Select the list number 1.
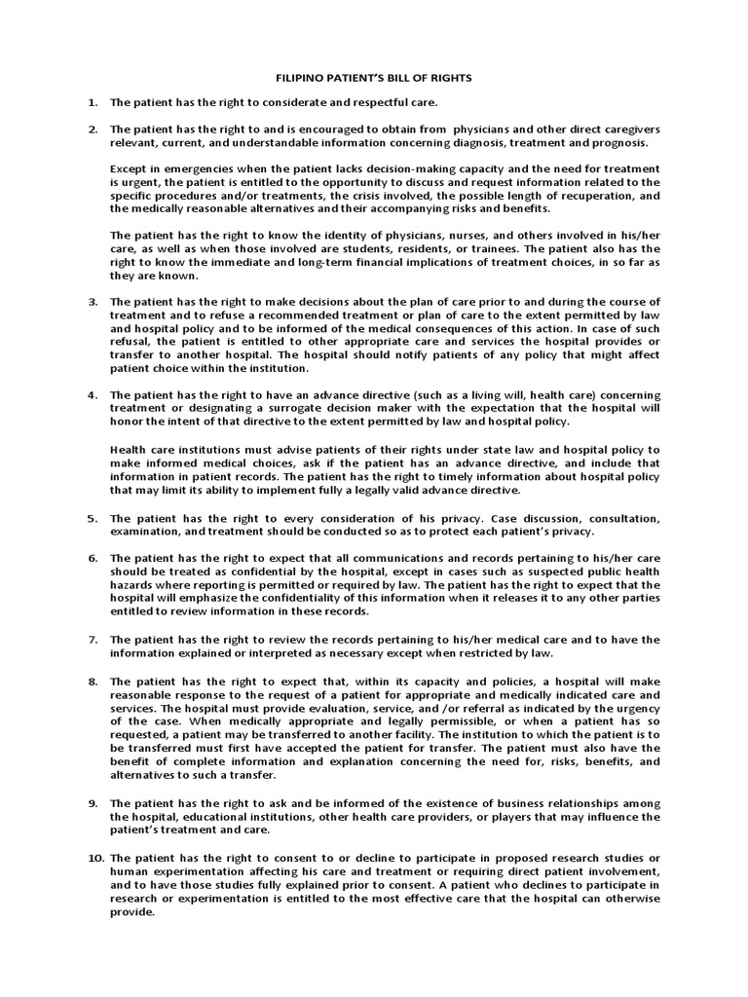pyautogui.click(x=93, y=102)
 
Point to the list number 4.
pyautogui.click(x=93, y=395)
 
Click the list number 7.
pyautogui.click(x=93, y=640)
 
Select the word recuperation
pyautogui.click(x=591, y=196)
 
